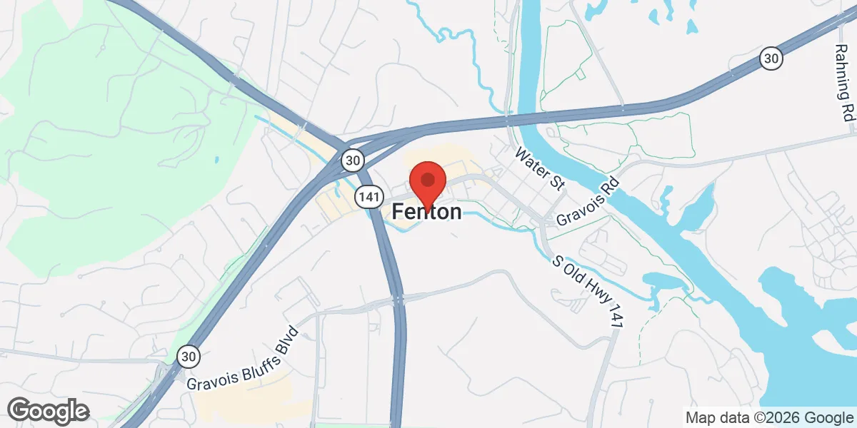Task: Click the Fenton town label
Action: tap(426, 212)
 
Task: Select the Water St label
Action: tap(541, 169)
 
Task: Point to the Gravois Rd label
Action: tap(587, 202)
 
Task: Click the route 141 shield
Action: tap(364, 195)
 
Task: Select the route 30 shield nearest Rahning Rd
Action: tap(770, 58)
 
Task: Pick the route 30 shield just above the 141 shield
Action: tap(352, 159)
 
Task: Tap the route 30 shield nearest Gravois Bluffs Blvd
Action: tap(189, 356)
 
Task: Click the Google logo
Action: tap(49, 411)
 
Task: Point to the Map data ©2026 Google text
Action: tap(770, 417)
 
